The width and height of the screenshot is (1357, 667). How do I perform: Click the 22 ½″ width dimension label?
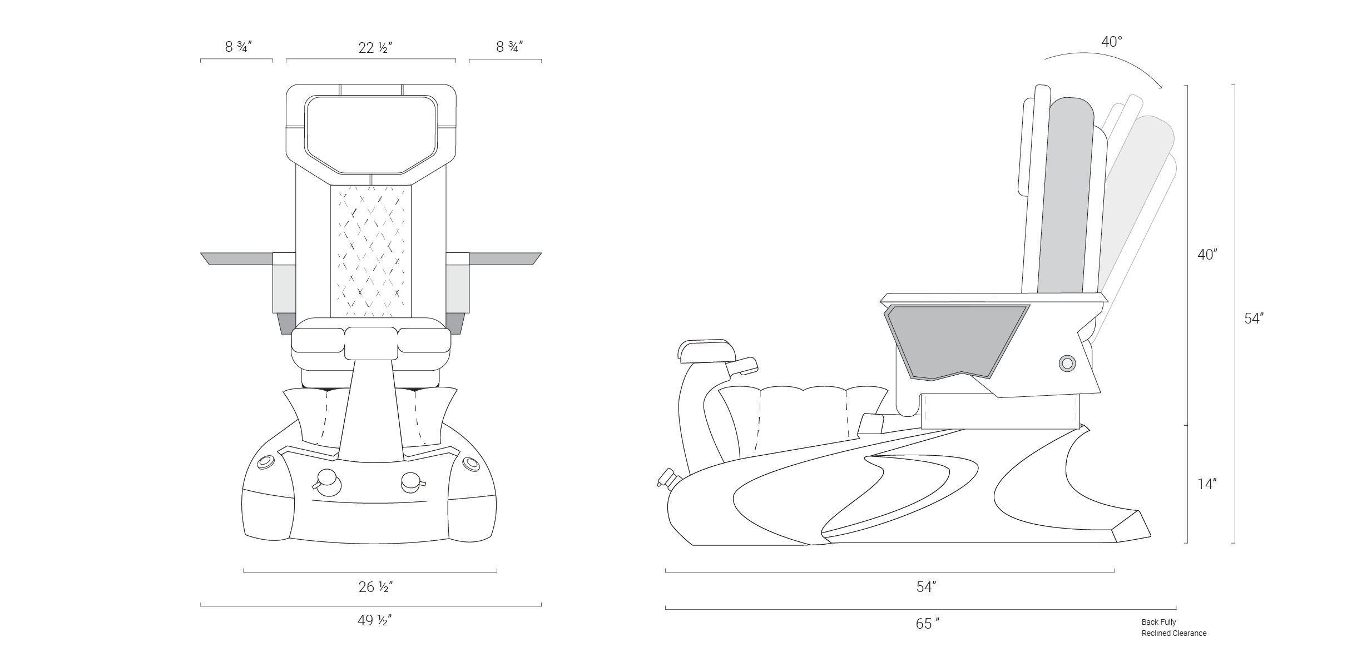tap(376, 48)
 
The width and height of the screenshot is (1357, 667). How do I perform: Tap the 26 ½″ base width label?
tap(376, 587)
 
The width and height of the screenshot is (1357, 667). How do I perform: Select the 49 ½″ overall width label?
tap(375, 620)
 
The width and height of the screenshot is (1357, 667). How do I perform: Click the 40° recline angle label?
tap(1112, 42)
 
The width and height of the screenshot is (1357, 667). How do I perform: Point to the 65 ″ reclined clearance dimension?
tap(928, 624)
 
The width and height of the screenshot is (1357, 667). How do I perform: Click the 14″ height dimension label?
tap(1207, 484)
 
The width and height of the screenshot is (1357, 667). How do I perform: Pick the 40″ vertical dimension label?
tap(1207, 255)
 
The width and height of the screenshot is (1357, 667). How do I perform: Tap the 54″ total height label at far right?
tap(1254, 318)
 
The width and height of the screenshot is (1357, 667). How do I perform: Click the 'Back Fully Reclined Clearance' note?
tap(1174, 628)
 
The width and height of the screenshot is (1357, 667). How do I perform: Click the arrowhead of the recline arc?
tap(1159, 86)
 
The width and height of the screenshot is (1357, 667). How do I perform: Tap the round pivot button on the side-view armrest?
tap(1067, 364)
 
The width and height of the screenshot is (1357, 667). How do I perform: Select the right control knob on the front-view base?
tap(411, 482)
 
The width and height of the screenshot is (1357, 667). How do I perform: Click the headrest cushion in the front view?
tap(370, 134)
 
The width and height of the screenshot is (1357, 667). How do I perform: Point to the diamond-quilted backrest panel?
tap(371, 251)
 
